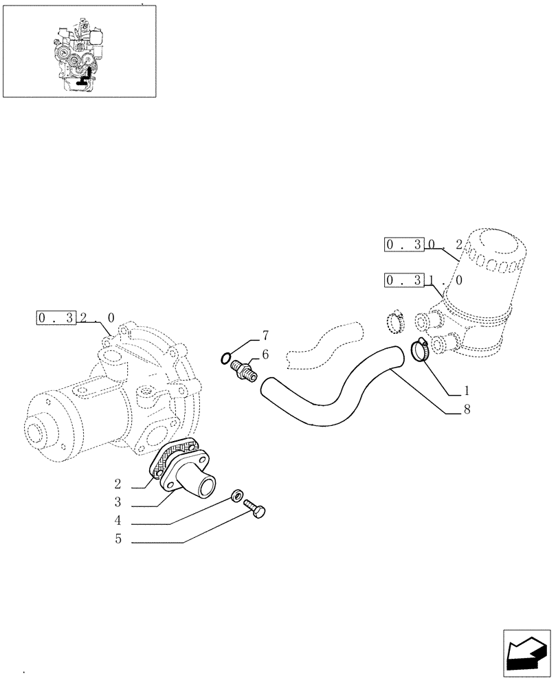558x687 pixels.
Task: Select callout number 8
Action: tap(466, 411)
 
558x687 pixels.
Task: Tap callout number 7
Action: tap(265, 335)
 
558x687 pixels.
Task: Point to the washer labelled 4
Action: tap(237, 495)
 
